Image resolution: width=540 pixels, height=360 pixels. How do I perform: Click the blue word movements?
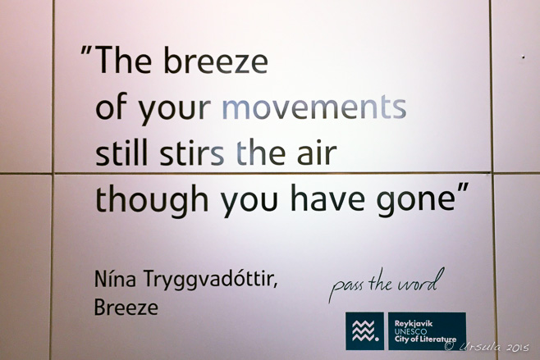coord(314,107)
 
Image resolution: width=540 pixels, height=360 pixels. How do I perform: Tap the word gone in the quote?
coord(416,200)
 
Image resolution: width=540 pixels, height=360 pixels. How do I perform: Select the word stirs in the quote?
coord(192,152)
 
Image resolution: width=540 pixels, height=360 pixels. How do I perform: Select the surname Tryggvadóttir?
coord(210,280)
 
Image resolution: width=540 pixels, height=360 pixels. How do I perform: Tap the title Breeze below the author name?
coord(126,308)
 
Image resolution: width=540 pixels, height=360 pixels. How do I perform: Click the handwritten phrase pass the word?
coord(386,285)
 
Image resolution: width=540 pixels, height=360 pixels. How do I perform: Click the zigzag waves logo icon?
coord(364,331)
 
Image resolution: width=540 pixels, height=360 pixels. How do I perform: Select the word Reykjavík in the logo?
coord(414,324)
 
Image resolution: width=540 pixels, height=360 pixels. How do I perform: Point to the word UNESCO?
coord(410,332)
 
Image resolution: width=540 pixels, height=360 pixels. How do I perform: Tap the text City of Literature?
coord(425,339)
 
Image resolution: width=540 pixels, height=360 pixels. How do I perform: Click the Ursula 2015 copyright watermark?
coord(487,346)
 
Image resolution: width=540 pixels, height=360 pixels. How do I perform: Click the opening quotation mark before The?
coord(86,51)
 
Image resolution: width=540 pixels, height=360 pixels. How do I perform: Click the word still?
coord(121,152)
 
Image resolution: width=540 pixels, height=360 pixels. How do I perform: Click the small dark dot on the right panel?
coord(524,57)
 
